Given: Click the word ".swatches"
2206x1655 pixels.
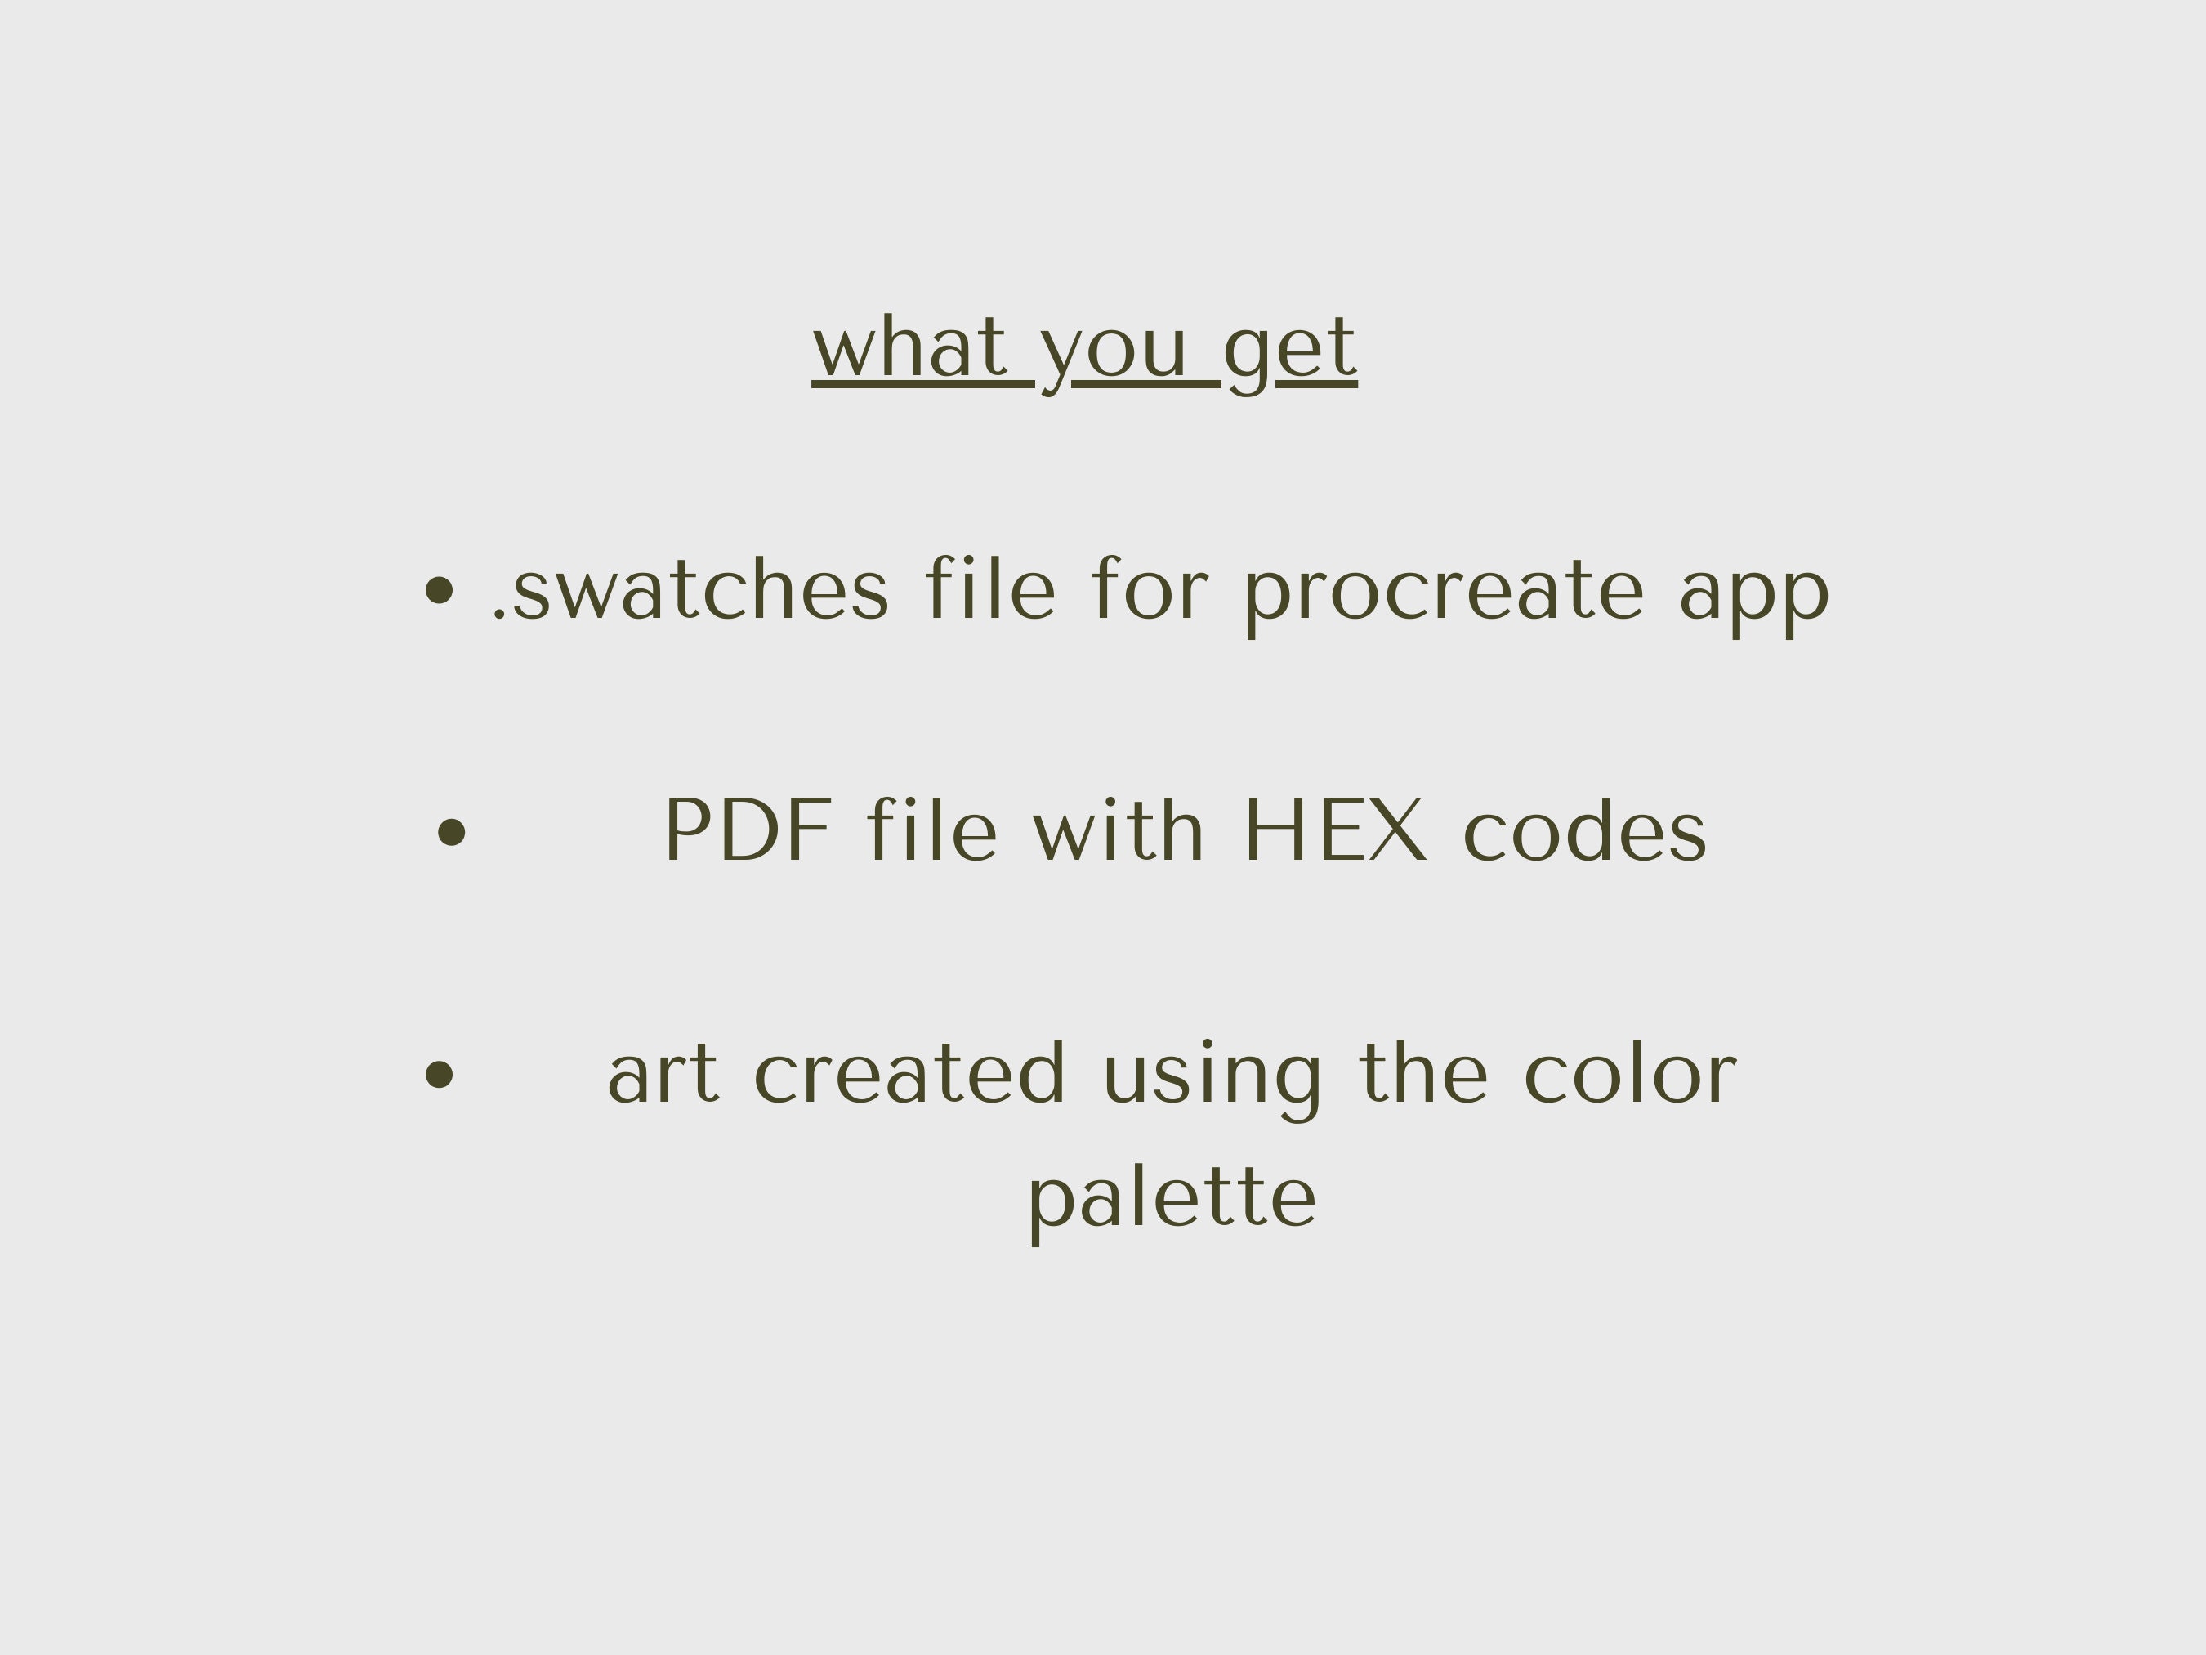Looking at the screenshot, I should tap(690, 591).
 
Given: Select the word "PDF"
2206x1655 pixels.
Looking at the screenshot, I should tap(748, 830).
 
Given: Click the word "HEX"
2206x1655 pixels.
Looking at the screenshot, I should tap(1335, 830).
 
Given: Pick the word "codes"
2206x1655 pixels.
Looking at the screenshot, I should tap(1585, 832).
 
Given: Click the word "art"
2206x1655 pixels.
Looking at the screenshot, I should tap(662, 1075).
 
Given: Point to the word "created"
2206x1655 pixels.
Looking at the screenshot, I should tap(909, 1075).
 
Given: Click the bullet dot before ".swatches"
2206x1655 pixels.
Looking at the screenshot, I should tap(439, 589).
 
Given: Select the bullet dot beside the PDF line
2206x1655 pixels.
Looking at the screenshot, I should tap(452, 831).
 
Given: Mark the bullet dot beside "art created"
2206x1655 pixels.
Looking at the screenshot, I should tap(439, 1075).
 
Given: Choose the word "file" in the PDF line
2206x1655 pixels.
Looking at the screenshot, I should tap(931, 830).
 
